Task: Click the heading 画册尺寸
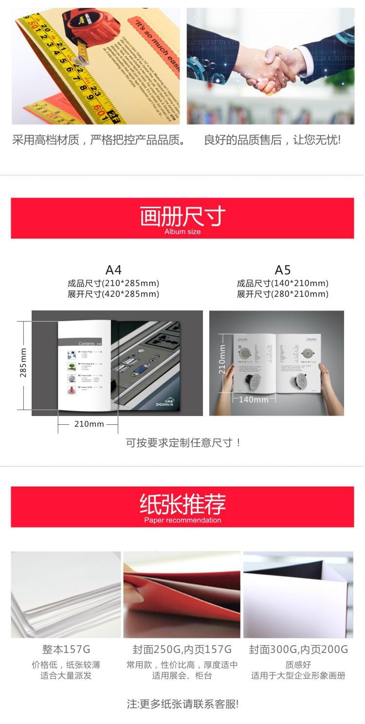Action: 182,216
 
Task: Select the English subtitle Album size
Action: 182,232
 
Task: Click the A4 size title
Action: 113,270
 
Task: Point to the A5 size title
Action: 283,270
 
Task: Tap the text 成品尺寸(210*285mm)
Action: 113,283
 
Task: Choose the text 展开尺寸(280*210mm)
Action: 283,294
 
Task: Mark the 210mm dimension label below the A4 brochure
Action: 89,424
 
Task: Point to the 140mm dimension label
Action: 254,399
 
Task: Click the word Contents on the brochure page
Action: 87,344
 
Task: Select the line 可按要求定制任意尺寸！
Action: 183,443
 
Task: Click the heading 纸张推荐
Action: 182,505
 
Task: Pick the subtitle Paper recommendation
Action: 182,520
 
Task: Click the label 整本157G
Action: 66,649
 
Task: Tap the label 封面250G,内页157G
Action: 182,649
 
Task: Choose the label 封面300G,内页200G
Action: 298,649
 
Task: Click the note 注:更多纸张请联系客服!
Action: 182,704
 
